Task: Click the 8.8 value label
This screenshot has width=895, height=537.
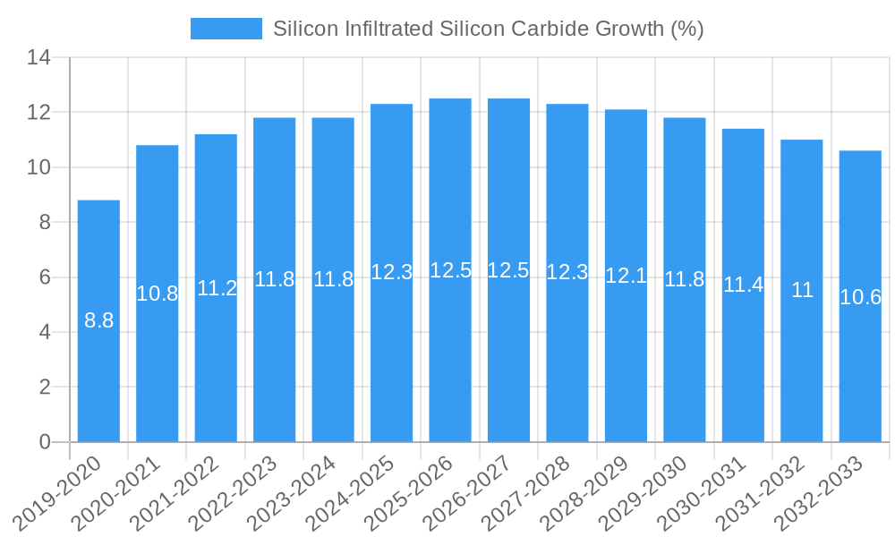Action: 98,320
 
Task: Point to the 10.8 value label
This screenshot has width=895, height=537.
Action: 158,293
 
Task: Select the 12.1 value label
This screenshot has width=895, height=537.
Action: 626,276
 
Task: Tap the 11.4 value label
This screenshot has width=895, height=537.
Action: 743,285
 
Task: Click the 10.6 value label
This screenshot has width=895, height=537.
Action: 860,297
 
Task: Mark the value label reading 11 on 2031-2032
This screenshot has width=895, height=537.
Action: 802,290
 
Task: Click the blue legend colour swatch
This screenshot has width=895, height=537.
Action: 226,29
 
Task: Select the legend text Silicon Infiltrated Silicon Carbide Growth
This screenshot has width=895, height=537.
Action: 488,29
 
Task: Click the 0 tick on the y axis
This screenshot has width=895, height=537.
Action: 45,442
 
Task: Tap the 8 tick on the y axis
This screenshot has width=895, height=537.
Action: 45,223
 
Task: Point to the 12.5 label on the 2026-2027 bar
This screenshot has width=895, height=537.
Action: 508,270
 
